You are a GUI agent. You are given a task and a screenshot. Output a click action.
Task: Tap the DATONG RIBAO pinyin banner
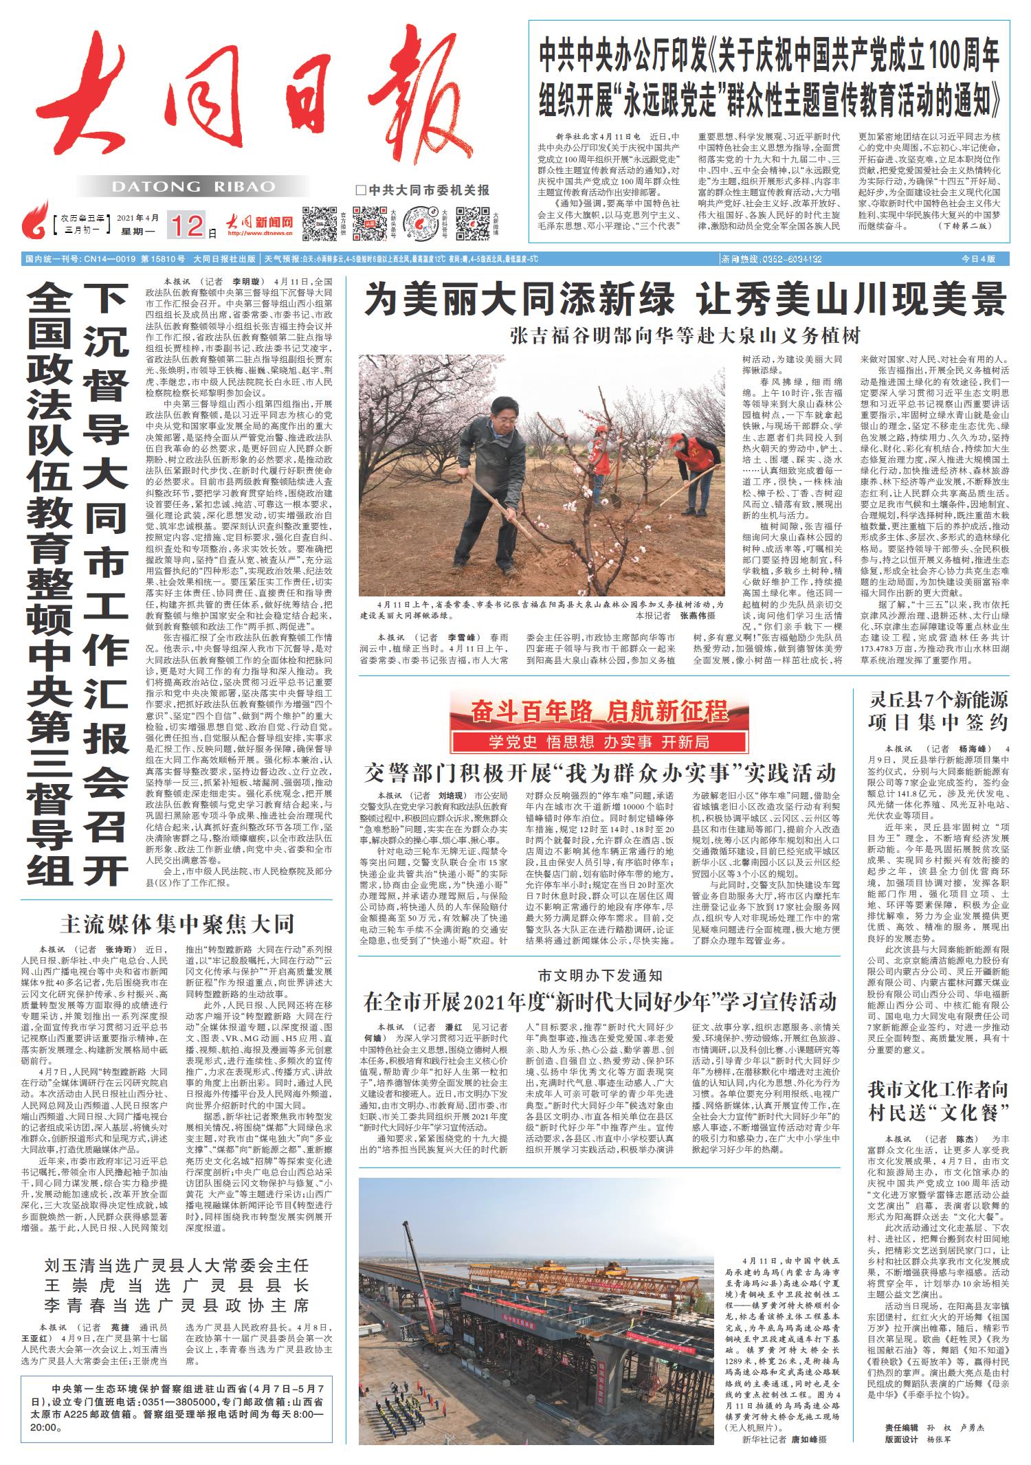coord(193,187)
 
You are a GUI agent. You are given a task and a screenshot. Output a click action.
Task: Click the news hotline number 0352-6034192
coord(771,259)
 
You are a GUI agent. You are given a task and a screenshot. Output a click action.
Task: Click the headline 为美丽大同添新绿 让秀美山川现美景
coord(685,300)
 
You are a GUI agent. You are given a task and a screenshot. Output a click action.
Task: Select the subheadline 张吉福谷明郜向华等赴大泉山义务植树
coord(685,336)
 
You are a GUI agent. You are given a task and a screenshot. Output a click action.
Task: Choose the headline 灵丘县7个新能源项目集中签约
coord(938,712)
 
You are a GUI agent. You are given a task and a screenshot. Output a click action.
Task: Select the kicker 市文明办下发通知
coord(600,976)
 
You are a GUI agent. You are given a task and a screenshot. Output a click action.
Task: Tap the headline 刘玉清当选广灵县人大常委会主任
coord(177,1266)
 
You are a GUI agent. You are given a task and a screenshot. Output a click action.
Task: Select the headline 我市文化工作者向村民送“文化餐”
coord(938,1100)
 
